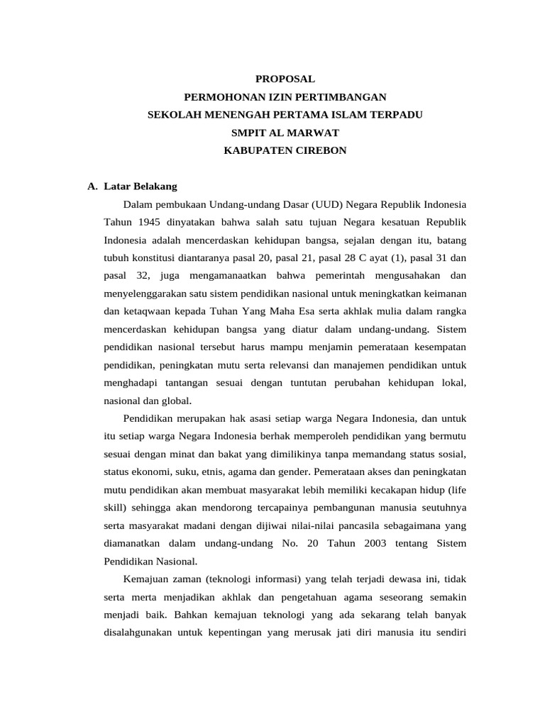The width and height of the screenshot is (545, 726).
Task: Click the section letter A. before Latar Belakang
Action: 92,186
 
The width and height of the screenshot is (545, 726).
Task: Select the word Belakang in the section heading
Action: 154,186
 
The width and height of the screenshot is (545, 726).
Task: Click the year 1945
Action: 146,221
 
